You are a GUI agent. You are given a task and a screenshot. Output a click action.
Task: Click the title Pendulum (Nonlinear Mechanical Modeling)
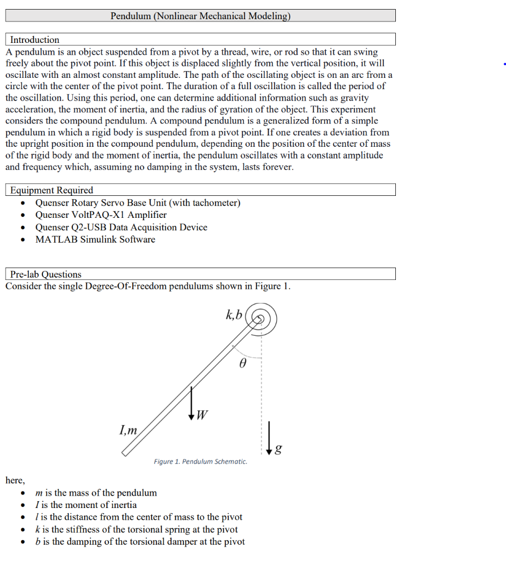point(200,16)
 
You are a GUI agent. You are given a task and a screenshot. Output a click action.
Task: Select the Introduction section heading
point(34,40)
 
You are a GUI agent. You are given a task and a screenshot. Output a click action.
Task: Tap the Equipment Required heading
point(51,190)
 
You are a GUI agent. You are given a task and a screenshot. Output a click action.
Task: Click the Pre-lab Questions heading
point(46,274)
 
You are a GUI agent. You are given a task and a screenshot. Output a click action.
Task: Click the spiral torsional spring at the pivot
point(261,319)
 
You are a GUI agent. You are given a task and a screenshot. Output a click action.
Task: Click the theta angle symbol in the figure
point(243,365)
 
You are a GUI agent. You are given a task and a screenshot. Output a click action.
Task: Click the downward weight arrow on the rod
point(192,403)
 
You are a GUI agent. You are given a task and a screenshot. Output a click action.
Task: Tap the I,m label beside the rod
point(128,430)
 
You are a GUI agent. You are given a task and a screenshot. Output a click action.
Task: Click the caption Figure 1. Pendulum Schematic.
point(200,462)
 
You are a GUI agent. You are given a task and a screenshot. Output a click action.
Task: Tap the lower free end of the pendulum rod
point(125,451)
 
